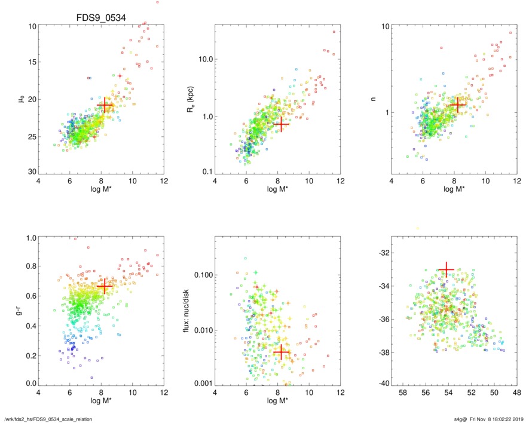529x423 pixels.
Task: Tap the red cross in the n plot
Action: coord(457,105)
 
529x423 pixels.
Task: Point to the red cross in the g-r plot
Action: coord(105,287)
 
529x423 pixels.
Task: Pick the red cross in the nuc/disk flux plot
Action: coord(281,352)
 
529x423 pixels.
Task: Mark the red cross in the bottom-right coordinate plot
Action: coord(446,270)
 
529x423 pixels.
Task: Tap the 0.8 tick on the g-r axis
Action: coord(31,266)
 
